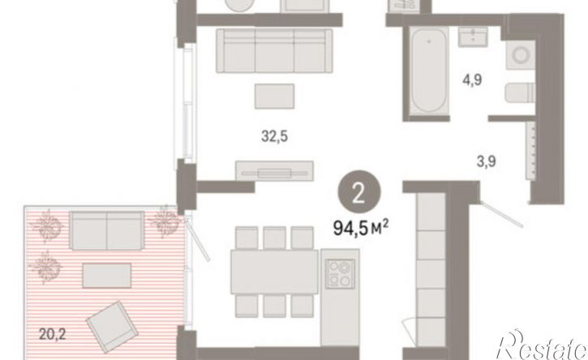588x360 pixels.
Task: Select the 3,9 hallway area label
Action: [x=487, y=160]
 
